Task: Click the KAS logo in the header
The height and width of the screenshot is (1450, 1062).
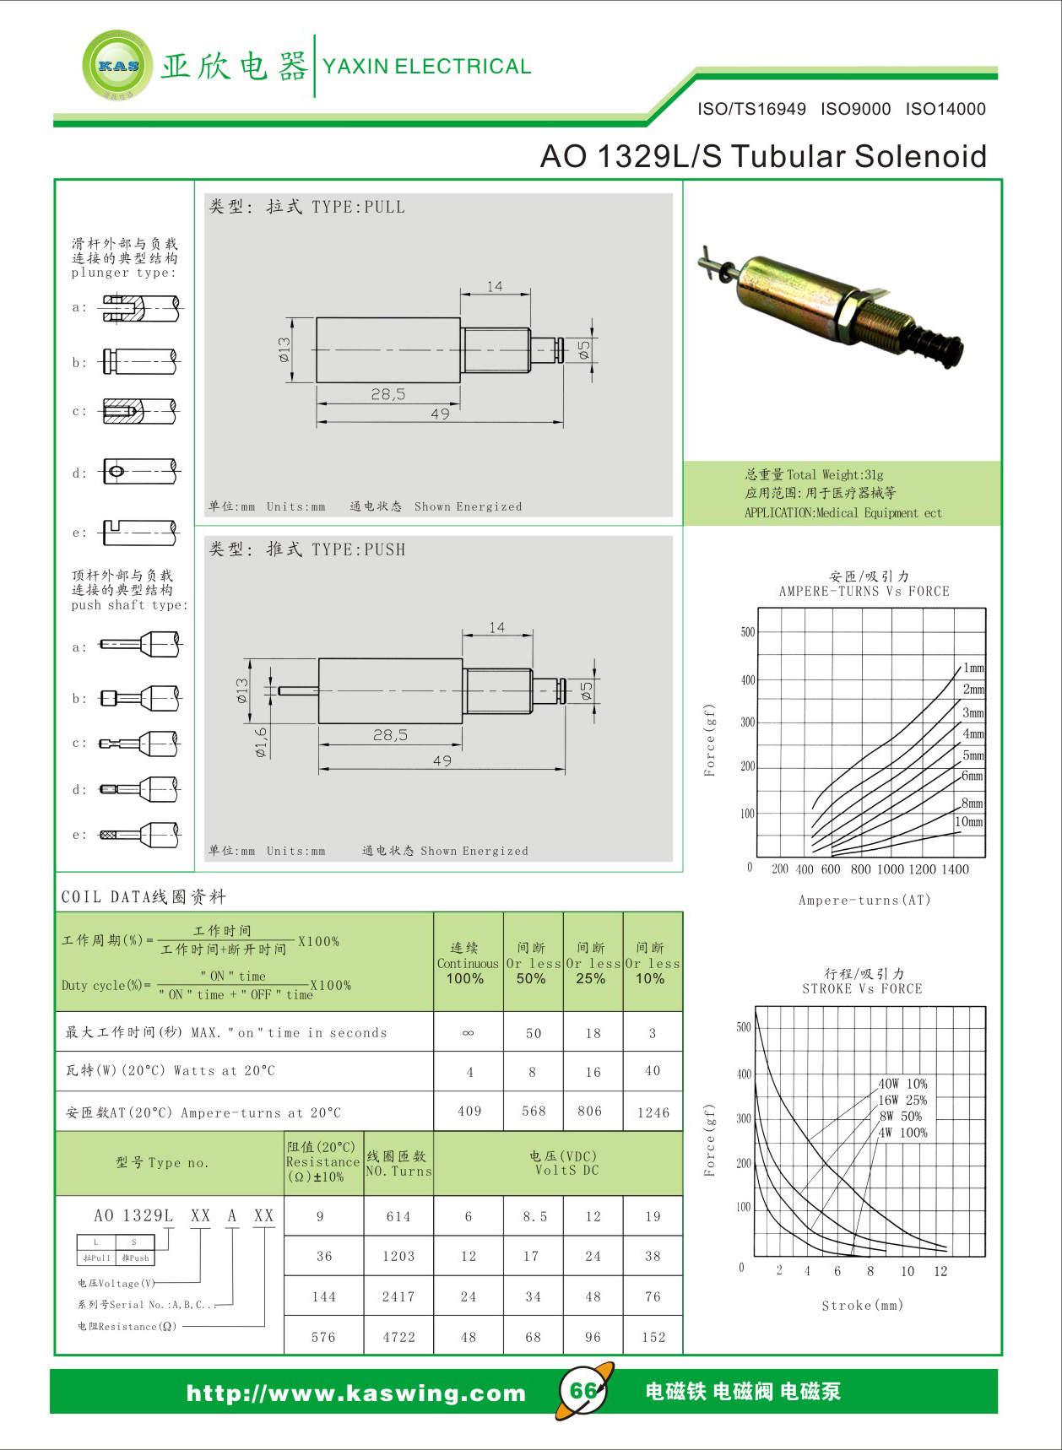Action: [x=117, y=66]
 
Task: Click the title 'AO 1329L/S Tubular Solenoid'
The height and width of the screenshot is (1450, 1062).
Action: [x=763, y=156]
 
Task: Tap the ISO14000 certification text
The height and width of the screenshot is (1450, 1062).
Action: [x=946, y=109]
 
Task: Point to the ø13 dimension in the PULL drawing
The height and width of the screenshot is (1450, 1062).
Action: [x=284, y=349]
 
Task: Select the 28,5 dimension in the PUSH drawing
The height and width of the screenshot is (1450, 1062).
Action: [x=390, y=735]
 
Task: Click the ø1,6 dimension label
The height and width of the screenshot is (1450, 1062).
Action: [x=262, y=742]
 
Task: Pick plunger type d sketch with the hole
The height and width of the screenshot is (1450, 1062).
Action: [x=139, y=471]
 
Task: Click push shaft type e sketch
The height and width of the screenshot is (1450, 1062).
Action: [x=139, y=835]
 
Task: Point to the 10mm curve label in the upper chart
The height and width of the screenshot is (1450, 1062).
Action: [x=969, y=821]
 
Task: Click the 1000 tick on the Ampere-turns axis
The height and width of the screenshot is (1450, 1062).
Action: [x=890, y=869]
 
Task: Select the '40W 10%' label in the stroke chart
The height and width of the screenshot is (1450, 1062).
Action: [x=902, y=1084]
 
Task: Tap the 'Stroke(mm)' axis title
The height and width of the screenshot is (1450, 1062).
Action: [x=862, y=1306]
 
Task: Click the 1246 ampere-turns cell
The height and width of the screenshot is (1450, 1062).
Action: [x=653, y=1112]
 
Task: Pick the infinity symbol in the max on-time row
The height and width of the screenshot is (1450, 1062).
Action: [x=469, y=1033]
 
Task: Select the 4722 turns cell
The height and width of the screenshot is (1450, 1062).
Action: [x=398, y=1337]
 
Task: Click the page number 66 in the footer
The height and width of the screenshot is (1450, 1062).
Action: [x=583, y=1390]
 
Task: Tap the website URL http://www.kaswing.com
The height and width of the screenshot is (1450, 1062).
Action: [x=355, y=1393]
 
